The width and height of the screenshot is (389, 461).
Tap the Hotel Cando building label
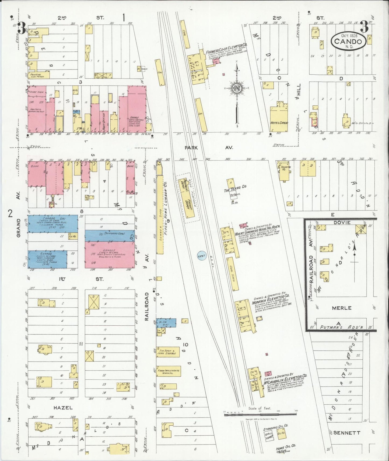click(x=279, y=123)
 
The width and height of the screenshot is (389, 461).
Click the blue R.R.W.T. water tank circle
click(x=202, y=256)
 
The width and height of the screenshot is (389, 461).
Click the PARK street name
click(x=191, y=148)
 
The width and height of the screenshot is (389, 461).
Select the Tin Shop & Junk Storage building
click(x=168, y=352)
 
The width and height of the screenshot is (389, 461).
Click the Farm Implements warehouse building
click(x=169, y=371)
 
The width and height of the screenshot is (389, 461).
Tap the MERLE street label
click(x=342, y=308)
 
